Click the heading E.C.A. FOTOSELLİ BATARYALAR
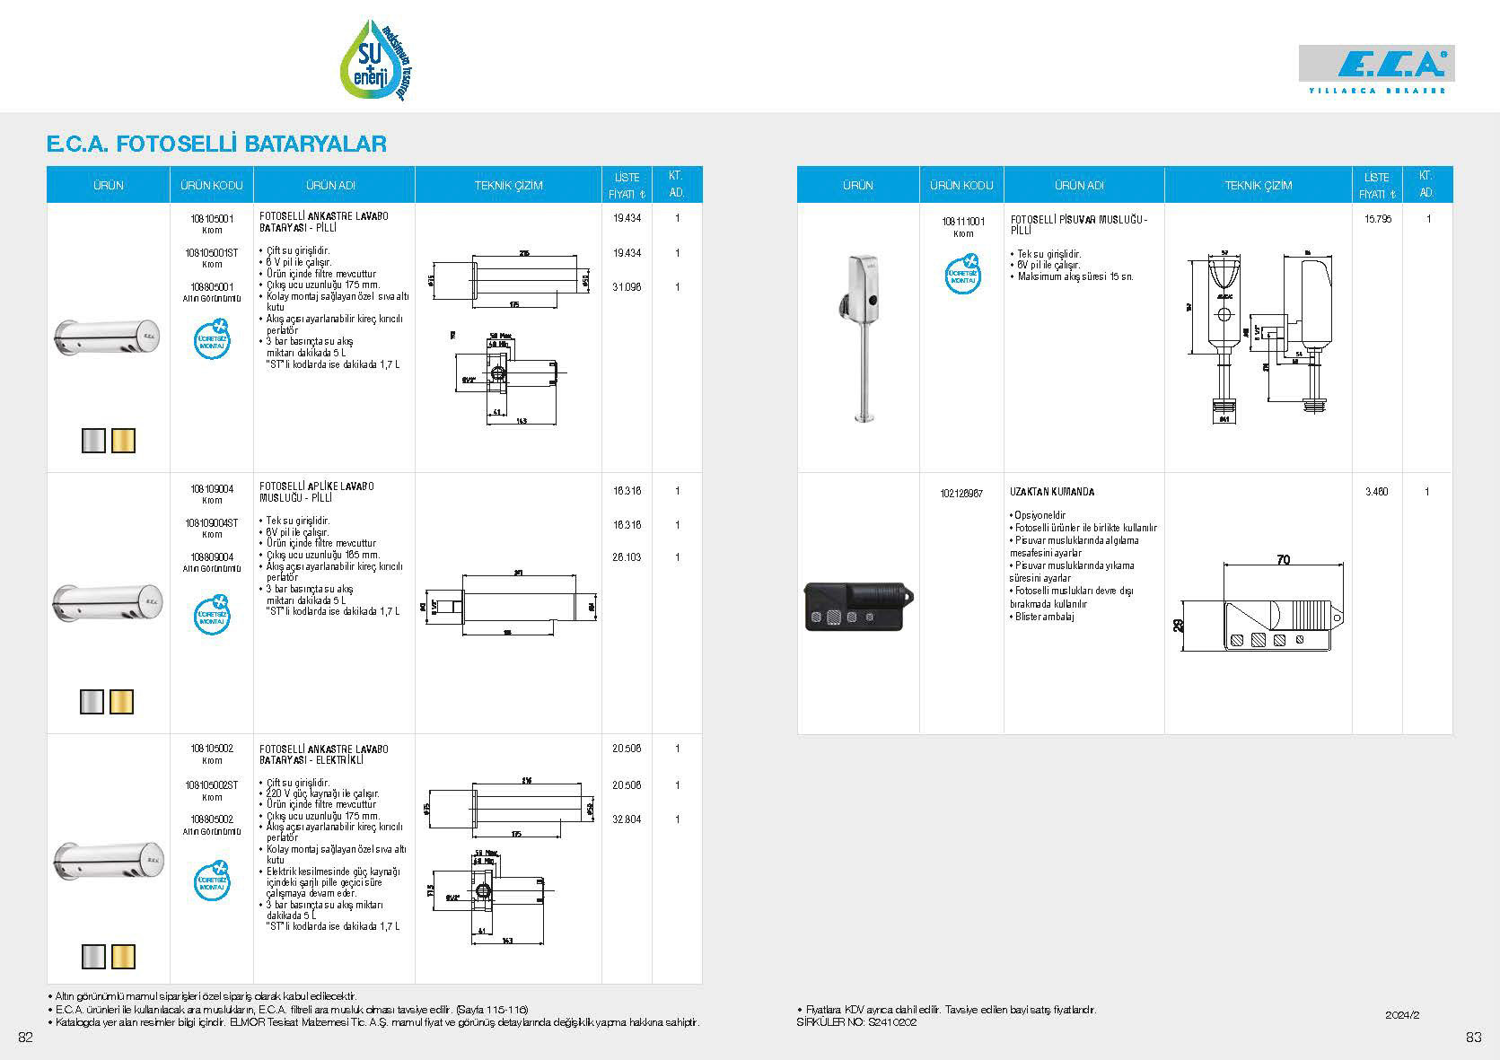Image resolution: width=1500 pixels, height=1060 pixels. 216,144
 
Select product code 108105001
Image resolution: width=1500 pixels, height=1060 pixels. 212,218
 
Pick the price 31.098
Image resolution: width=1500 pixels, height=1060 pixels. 627,287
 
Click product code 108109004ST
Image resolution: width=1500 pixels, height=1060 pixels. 212,523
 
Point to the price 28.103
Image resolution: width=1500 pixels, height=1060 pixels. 627,557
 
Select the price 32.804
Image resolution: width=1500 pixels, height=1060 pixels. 627,819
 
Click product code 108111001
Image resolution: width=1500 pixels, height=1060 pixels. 962,221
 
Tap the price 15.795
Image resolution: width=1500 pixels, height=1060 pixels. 1376,219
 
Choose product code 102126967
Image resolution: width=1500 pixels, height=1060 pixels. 962,493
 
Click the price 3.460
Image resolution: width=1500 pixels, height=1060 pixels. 1376,492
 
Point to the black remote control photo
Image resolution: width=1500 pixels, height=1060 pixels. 857,606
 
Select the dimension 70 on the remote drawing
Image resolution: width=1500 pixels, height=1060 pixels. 1283,560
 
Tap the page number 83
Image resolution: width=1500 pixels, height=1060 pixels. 1473,1038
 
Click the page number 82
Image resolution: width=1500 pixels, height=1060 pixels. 26,1038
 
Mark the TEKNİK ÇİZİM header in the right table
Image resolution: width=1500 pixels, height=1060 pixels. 1258,186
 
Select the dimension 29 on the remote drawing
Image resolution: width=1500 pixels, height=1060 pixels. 1180,626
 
